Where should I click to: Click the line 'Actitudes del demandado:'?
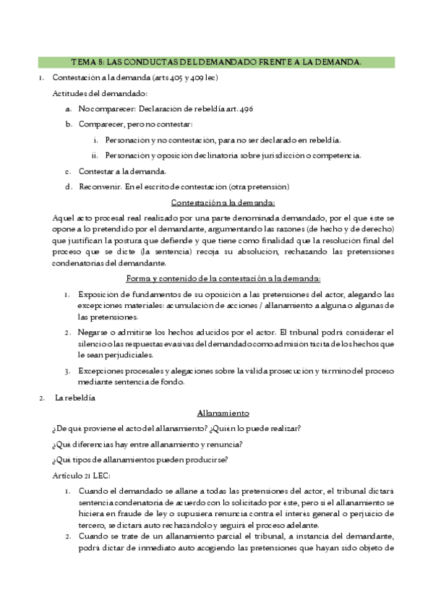(x=100, y=93)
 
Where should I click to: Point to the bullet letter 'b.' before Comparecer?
(x=68, y=124)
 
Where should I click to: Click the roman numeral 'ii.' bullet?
(x=95, y=155)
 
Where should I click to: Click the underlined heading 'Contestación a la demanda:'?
(x=223, y=202)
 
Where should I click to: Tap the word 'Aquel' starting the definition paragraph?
(x=64, y=218)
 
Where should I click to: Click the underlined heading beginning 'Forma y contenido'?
(x=223, y=279)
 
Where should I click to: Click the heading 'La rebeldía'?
(x=75, y=398)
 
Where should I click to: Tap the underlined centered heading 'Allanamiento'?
(x=223, y=413)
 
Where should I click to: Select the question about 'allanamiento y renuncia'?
(x=147, y=443)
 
